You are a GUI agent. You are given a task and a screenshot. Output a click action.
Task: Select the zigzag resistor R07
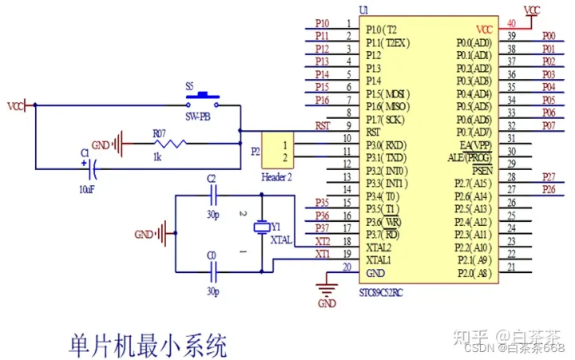click(170, 144)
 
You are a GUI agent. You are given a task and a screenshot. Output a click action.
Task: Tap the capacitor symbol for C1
click(92, 168)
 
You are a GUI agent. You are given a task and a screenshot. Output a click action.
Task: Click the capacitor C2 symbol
click(212, 195)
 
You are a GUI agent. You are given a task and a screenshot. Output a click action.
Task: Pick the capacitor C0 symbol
click(212, 267)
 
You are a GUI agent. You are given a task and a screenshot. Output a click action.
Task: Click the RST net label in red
click(323, 125)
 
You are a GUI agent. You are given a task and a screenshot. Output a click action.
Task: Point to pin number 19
click(347, 254)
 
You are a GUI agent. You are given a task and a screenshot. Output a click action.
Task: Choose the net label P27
click(549, 176)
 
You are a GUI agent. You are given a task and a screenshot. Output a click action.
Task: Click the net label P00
click(549, 36)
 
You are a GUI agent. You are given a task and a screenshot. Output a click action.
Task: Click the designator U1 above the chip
click(364, 10)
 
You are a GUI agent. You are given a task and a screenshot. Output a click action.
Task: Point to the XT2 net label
click(323, 241)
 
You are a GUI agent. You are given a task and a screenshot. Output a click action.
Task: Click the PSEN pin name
click(482, 170)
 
